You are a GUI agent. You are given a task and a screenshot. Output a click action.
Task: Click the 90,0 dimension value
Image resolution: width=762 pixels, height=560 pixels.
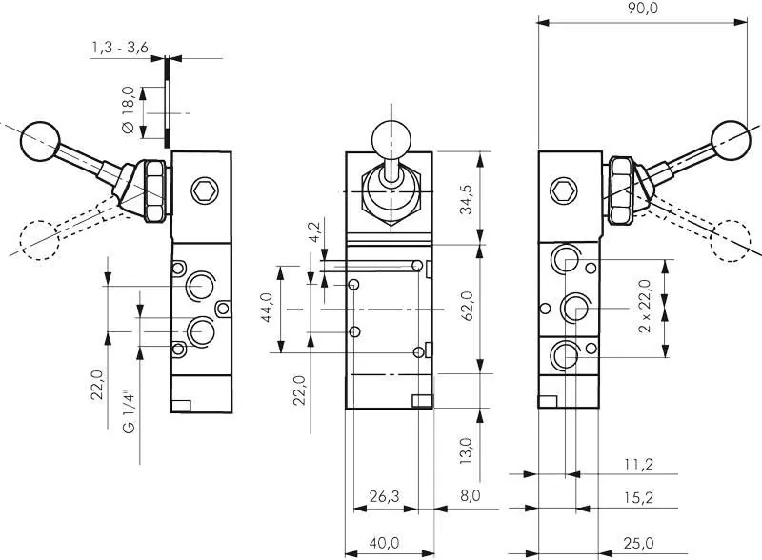639,9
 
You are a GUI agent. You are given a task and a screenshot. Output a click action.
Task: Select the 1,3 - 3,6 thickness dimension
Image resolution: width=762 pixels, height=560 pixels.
119,47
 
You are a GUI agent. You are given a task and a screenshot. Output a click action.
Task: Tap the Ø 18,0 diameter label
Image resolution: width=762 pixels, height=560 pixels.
127,113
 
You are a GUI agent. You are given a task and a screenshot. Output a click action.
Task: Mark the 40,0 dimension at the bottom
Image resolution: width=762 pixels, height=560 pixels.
385,543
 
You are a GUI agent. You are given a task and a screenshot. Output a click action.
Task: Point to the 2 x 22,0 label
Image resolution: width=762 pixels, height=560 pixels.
645,306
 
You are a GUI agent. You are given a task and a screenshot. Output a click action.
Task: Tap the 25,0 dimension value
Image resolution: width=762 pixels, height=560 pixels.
640,543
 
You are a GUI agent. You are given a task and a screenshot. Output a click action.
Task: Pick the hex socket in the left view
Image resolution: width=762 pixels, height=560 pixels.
203,190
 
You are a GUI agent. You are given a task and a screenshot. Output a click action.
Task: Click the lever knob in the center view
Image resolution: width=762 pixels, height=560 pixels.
390,138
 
